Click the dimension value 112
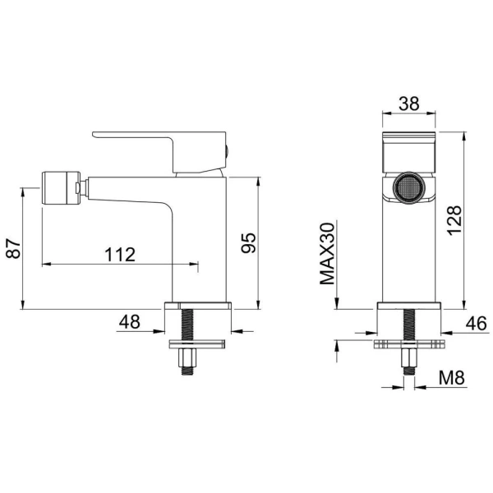tap(120, 255)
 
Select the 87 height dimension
tap(13, 248)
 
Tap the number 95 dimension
tap(249, 243)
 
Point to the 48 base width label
tap(130, 322)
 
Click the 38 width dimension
tap(408, 104)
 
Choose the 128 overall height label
tap(454, 220)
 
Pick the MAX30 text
tap(327, 253)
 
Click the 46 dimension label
tap(476, 324)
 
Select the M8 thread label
tap(451, 377)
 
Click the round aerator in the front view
tap(408, 187)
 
